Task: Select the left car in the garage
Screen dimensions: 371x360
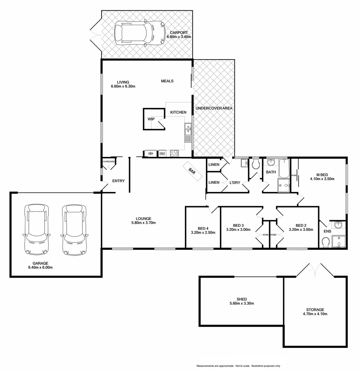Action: tap(36, 229)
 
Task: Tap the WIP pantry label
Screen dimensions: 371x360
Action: tap(151, 119)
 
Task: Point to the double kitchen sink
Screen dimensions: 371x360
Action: tap(188, 131)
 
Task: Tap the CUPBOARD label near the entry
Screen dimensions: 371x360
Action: tap(108, 161)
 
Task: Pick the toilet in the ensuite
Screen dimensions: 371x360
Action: tap(326, 243)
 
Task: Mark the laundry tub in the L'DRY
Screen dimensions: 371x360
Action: tap(244, 163)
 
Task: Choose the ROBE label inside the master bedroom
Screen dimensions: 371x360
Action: tap(294, 175)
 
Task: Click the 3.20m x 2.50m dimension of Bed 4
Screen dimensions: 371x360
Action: tap(203, 233)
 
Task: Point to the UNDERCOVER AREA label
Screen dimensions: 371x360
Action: tap(214, 108)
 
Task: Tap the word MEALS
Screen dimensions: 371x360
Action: tap(167, 81)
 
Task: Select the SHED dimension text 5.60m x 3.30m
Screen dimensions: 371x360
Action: tap(242, 303)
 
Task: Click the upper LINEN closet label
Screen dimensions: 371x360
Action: tap(214, 165)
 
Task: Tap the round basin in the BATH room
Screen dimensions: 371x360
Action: tap(271, 162)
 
